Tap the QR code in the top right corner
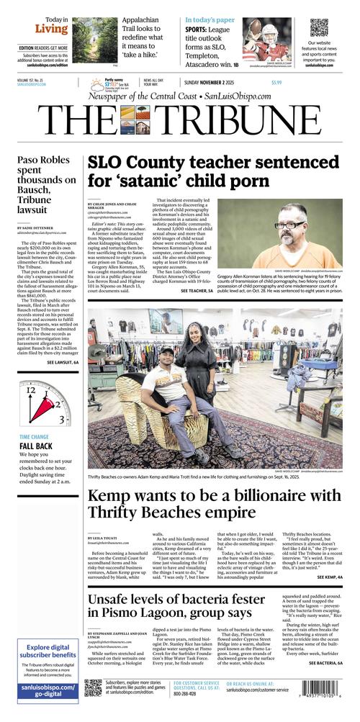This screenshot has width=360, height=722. click(x=320, y=27)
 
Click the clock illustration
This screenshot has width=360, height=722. click(x=44, y=404)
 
